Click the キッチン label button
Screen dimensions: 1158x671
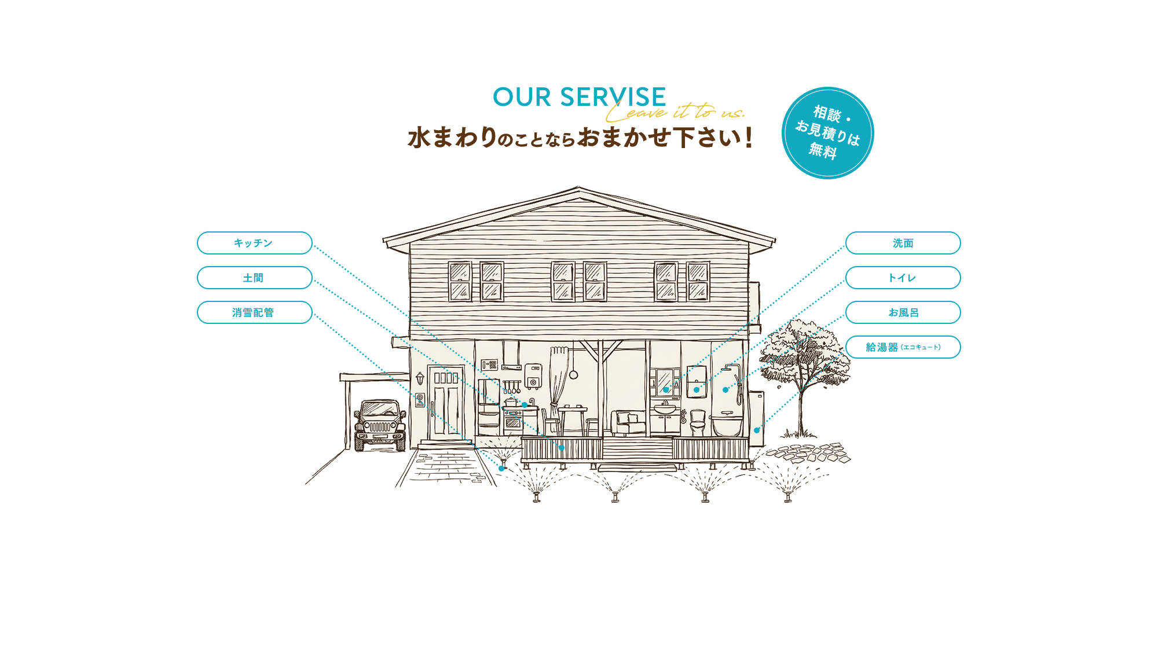click(255, 243)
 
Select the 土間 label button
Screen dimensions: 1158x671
click(255, 278)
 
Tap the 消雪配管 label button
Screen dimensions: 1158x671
click(255, 312)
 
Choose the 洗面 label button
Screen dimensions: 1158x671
click(903, 243)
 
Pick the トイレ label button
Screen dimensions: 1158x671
click(903, 278)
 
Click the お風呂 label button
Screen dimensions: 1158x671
click(903, 312)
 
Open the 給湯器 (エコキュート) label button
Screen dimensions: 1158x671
click(903, 347)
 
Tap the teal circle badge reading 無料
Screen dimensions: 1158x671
click(827, 133)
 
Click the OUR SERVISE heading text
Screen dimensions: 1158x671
click(579, 97)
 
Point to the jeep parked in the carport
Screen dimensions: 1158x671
click(380, 425)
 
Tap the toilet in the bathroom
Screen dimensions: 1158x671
click(698, 422)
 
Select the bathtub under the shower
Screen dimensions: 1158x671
click(727, 425)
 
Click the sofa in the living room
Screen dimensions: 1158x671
click(629, 423)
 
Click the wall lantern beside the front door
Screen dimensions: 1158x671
click(420, 379)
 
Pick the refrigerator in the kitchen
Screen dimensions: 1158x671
click(489, 407)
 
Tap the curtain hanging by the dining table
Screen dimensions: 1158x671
click(558, 382)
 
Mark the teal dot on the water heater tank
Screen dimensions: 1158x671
click(757, 430)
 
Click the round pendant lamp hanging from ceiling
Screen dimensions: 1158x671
click(574, 375)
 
